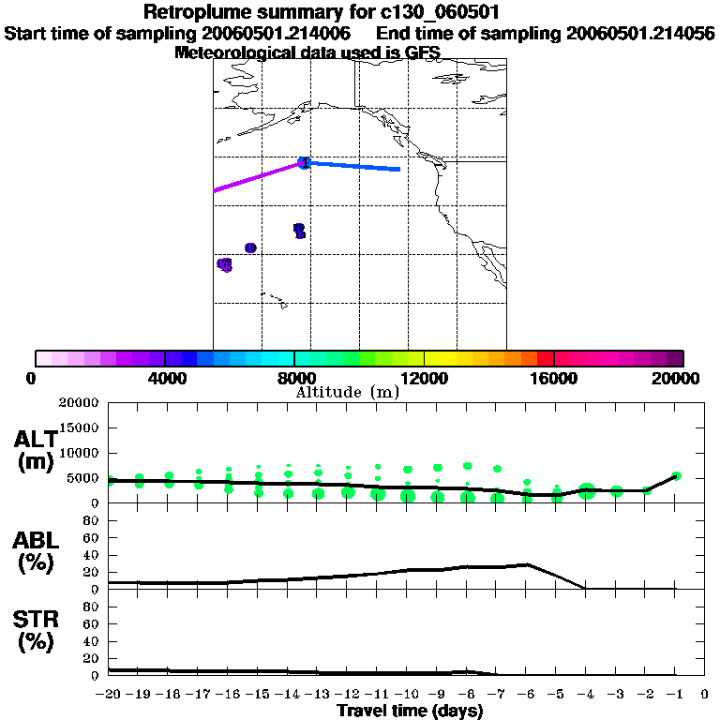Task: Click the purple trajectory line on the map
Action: (x=258, y=177)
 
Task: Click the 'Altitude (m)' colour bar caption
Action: (x=347, y=392)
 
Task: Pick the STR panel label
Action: (x=35, y=630)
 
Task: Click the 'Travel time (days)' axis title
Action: (x=410, y=711)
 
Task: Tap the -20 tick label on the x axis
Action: (x=109, y=695)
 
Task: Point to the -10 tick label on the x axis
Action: (x=407, y=695)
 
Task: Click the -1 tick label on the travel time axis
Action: (x=676, y=695)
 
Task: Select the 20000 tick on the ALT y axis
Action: (x=79, y=403)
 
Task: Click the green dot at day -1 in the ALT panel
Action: (x=676, y=476)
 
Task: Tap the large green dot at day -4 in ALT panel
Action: (x=587, y=490)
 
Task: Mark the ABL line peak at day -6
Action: (x=527, y=564)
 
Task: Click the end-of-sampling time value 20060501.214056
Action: (x=640, y=33)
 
